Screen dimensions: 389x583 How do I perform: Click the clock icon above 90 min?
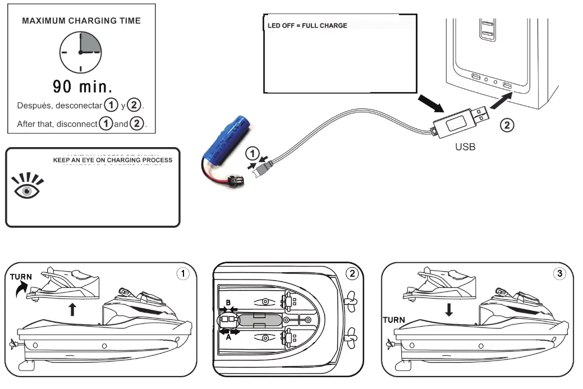point(81,52)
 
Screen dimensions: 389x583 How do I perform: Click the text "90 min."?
point(82,86)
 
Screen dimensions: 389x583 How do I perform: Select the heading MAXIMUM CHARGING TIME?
point(81,21)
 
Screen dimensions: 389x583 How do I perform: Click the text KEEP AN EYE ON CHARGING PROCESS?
point(112,160)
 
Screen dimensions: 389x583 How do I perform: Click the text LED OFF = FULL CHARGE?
point(307,26)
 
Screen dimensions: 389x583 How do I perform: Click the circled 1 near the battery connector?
point(253,153)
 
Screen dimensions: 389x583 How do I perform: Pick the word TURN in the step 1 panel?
point(21,277)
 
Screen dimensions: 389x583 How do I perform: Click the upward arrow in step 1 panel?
point(72,308)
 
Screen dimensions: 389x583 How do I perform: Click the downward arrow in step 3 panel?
point(448,308)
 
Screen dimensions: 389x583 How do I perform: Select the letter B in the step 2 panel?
point(228,302)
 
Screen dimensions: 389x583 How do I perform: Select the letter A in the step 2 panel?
point(228,338)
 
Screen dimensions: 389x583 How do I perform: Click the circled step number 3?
point(559,273)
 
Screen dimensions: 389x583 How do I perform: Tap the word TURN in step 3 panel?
point(394,319)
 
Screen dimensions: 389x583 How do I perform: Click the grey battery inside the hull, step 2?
point(259,320)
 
